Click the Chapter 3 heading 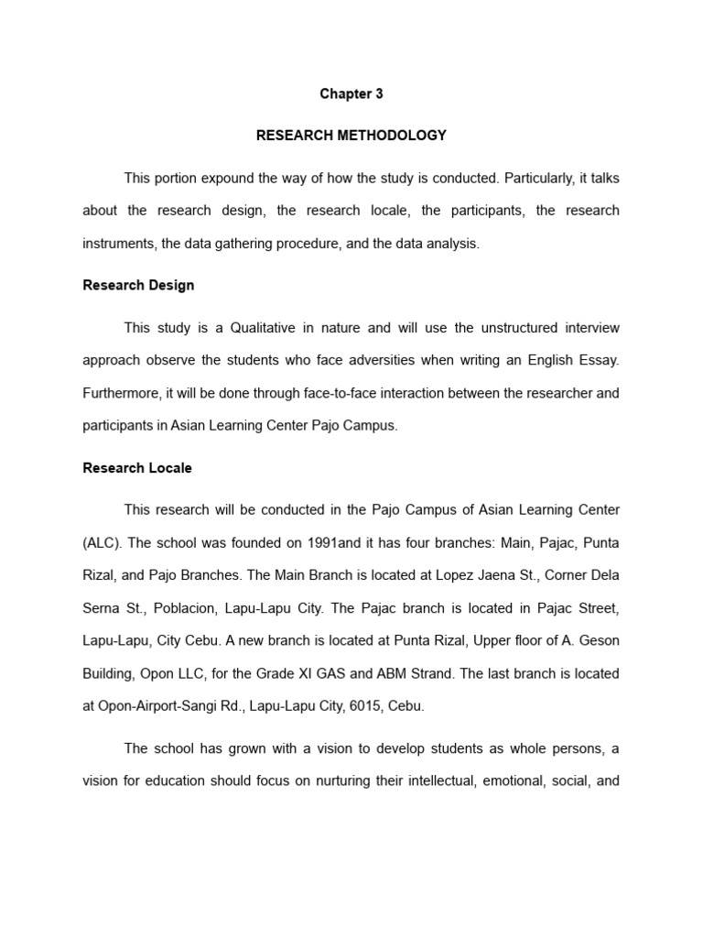point(351,93)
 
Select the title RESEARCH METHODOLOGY point(351,136)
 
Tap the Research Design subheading point(138,285)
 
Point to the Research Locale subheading point(137,468)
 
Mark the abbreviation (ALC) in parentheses point(101,542)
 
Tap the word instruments point(119,244)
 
